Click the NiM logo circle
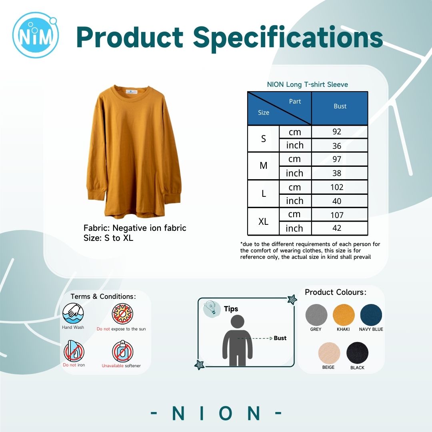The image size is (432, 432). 36,35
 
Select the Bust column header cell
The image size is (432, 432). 340,108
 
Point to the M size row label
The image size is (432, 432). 263,166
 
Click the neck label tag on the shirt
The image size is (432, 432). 131,92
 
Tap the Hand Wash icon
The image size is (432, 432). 73,313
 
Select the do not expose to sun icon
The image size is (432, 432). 122,314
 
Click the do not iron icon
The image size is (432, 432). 74,351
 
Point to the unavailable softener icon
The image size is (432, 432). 123,351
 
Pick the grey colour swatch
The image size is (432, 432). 316,315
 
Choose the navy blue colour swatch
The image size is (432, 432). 371,315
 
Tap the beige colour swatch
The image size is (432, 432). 329,353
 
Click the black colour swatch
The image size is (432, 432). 357,353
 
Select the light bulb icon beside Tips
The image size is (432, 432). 212,308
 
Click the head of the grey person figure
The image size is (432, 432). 238,322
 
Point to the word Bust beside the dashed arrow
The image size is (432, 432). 280,338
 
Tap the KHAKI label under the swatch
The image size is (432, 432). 343,329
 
